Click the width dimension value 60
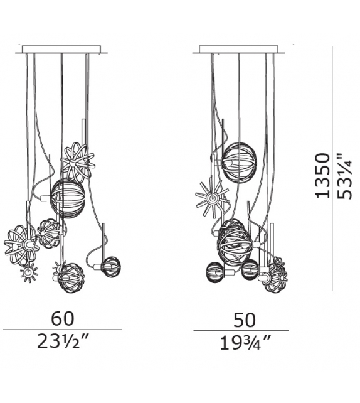coord(62,320)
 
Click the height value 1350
coord(322,175)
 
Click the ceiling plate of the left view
coord(61,49)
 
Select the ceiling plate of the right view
coord(240,49)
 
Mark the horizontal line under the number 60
coord(62,330)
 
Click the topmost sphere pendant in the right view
coord(239,163)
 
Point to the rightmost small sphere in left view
coord(110,267)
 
